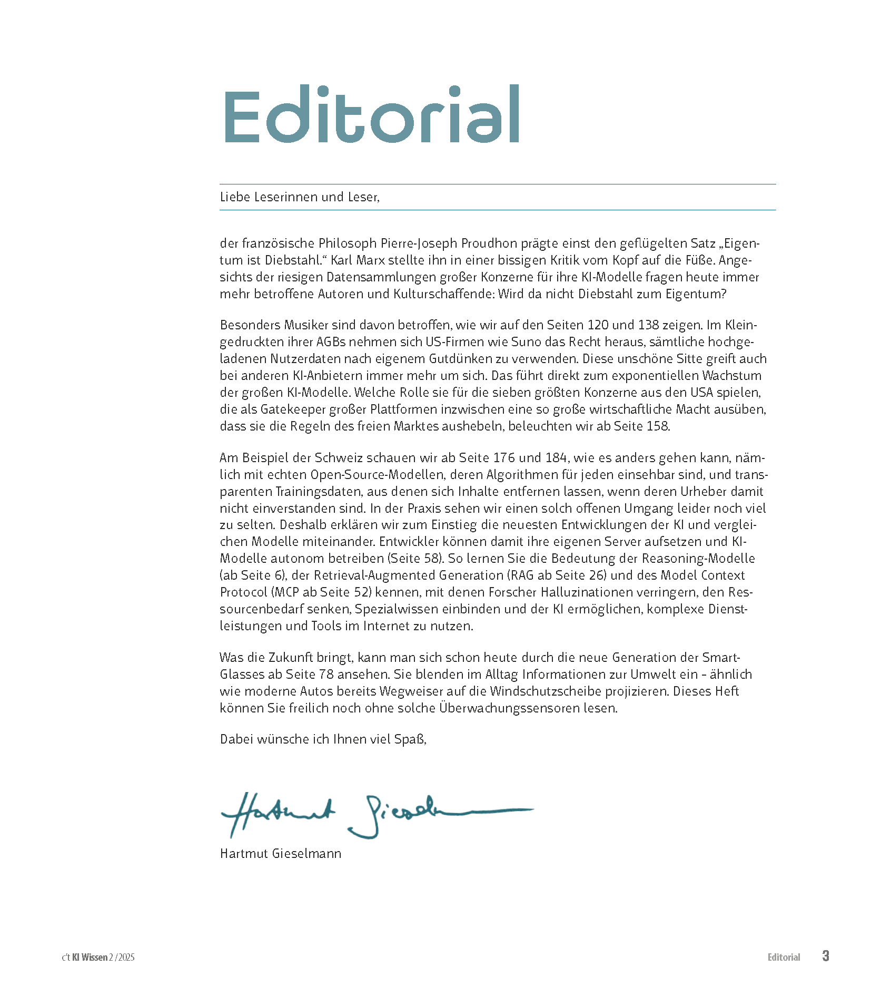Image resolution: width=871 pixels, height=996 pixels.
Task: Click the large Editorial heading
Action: click(x=372, y=114)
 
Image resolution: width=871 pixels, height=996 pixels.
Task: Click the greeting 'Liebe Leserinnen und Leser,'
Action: click(x=300, y=197)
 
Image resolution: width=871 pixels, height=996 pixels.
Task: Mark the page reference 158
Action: click(x=657, y=426)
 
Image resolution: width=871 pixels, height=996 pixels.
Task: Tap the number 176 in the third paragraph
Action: click(x=504, y=458)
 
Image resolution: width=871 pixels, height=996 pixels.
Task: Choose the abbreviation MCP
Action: click(x=286, y=592)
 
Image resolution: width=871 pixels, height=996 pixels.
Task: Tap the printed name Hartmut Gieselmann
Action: click(x=280, y=854)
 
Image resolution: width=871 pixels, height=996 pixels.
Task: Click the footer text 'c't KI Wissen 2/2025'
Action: click(x=98, y=958)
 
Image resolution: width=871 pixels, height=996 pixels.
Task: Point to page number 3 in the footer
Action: click(x=826, y=956)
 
